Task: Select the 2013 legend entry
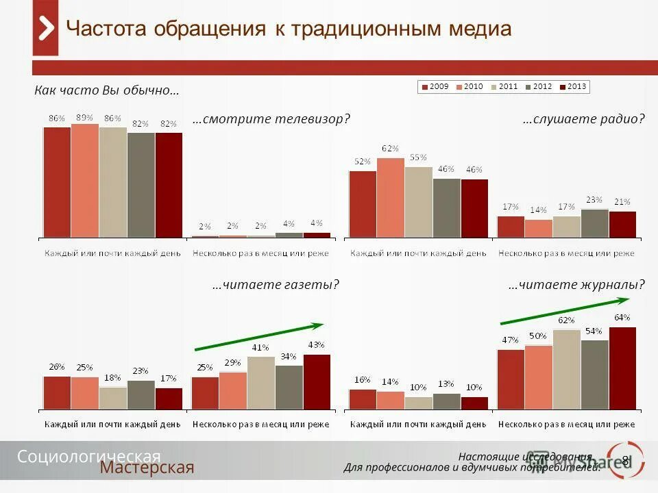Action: click(x=573, y=87)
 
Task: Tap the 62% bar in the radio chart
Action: click(x=391, y=198)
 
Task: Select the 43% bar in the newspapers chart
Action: click(x=317, y=382)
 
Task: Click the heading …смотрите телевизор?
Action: click(x=271, y=119)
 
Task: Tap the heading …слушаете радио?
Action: click(x=583, y=119)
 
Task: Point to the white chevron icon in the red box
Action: click(x=45, y=29)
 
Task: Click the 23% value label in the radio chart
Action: click(x=594, y=200)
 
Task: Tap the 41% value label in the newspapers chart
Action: click(x=260, y=348)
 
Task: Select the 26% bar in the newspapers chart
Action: click(x=57, y=392)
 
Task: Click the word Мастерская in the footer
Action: click(x=147, y=468)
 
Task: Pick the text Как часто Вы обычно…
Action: click(x=107, y=90)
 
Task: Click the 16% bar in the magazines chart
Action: click(x=363, y=399)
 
